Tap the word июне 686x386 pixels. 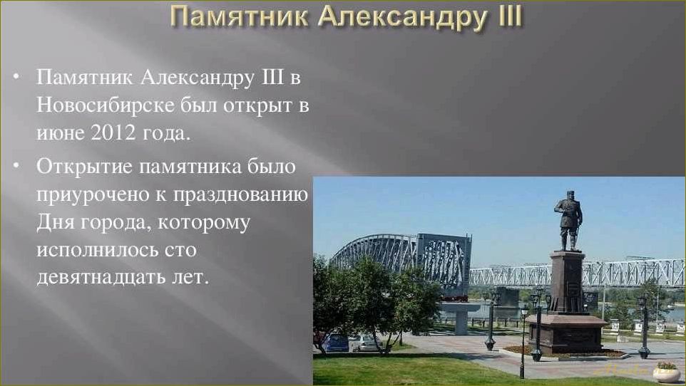pyautogui.click(x=61, y=132)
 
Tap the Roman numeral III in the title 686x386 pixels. pyautogui.click(x=500, y=16)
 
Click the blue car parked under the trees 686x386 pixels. pyautogui.click(x=334, y=343)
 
